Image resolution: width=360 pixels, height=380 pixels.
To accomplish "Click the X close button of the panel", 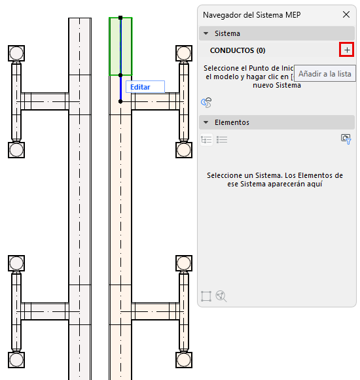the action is coord(346,14).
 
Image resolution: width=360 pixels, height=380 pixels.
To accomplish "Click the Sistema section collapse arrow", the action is coord(206,33).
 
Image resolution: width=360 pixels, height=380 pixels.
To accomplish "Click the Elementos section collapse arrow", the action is coord(206,122).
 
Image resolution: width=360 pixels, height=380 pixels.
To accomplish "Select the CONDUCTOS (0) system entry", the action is coord(238,50).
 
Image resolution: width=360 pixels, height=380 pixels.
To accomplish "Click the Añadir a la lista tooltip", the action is coord(325,74).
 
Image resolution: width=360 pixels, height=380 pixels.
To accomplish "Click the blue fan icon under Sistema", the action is coord(206,103).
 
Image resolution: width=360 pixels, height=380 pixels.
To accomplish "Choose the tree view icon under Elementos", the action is coord(206,139).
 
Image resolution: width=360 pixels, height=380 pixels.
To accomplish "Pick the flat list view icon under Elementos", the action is coord(222,139).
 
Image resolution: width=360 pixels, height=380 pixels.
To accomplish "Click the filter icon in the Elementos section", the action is coord(346,139).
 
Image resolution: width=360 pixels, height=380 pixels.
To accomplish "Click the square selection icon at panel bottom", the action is coord(206,296).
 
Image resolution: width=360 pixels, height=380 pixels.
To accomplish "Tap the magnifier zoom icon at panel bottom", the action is coord(221,296).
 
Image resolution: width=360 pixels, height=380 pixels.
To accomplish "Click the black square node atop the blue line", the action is coord(120,18).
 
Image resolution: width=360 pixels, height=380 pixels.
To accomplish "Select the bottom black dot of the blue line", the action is coord(120,101).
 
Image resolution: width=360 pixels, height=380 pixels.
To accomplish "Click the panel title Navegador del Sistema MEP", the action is coord(252,15).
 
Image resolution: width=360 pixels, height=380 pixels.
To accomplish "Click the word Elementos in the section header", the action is coord(232,122).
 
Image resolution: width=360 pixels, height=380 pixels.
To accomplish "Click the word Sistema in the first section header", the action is coord(227,33).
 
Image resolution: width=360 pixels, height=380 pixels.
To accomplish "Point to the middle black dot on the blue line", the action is coord(120,75).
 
